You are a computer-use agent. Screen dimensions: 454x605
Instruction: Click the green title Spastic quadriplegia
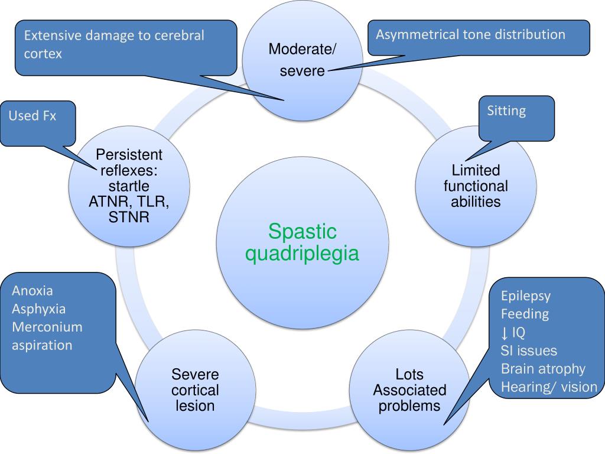(302, 242)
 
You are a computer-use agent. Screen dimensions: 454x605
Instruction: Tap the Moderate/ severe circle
(302, 60)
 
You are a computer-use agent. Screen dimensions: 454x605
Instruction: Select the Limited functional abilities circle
(476, 186)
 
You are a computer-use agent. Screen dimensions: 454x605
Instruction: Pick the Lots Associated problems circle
(409, 390)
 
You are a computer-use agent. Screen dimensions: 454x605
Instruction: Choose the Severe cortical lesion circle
(195, 390)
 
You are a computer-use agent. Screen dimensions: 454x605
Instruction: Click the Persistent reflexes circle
(129, 186)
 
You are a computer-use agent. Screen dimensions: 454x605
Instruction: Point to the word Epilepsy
(525, 296)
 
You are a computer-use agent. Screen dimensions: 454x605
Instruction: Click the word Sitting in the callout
(506, 111)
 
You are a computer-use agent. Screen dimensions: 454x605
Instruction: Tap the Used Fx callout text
(32, 116)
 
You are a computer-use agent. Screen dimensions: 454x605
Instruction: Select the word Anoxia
(32, 291)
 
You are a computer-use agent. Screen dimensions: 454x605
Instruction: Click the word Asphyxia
(38, 309)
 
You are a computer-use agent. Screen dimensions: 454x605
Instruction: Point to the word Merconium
(47, 327)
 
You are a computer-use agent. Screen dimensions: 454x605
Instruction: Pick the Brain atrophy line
(542, 369)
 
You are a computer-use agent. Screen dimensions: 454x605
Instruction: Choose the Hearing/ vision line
(549, 387)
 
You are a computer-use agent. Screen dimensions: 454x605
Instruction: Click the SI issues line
(529, 351)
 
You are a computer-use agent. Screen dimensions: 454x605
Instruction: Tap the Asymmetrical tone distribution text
(470, 34)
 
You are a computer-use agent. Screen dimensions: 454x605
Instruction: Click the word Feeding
(525, 314)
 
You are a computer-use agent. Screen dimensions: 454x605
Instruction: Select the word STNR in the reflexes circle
(129, 218)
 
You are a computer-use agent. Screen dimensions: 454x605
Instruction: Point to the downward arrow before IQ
(505, 332)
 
